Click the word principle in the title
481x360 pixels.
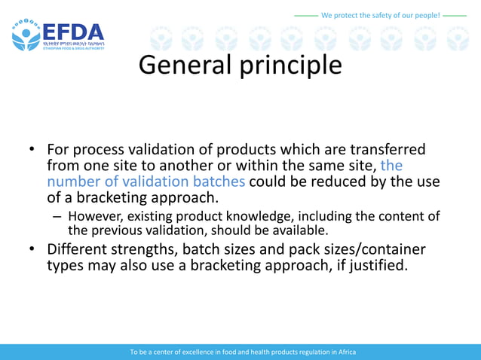[291, 66]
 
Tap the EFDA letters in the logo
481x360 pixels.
[73, 33]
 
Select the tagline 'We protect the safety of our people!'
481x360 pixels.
[380, 15]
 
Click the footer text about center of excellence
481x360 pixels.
[242, 352]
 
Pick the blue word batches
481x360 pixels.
[215, 182]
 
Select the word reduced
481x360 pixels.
[332, 182]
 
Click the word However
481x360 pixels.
[97, 216]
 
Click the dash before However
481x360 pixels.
[57, 216]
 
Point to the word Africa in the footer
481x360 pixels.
[345, 352]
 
